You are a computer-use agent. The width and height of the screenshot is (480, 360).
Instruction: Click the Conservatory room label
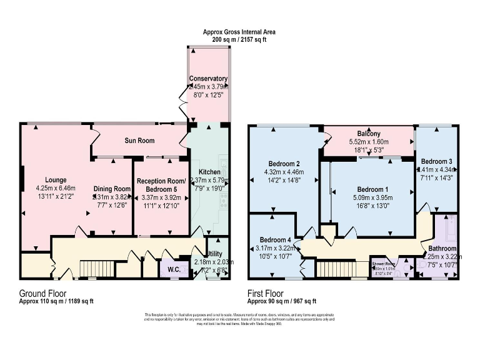click(x=209, y=79)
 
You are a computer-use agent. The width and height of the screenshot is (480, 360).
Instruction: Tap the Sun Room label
click(x=139, y=141)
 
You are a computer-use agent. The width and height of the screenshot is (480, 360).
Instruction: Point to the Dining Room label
click(x=112, y=189)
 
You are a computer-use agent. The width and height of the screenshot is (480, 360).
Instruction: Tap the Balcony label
click(x=369, y=134)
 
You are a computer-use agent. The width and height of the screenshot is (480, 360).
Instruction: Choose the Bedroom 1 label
click(x=372, y=189)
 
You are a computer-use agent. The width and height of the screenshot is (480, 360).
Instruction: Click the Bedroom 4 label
click(x=275, y=240)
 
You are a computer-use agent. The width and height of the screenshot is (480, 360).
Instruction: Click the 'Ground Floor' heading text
click(x=42, y=292)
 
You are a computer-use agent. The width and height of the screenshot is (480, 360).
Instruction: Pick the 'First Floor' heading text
click(x=266, y=292)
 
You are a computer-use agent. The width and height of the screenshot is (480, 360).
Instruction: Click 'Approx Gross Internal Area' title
click(x=239, y=31)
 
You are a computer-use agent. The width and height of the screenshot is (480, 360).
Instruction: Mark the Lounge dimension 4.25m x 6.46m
click(x=55, y=187)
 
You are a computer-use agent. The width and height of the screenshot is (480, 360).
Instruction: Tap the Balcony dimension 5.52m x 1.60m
click(x=369, y=142)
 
